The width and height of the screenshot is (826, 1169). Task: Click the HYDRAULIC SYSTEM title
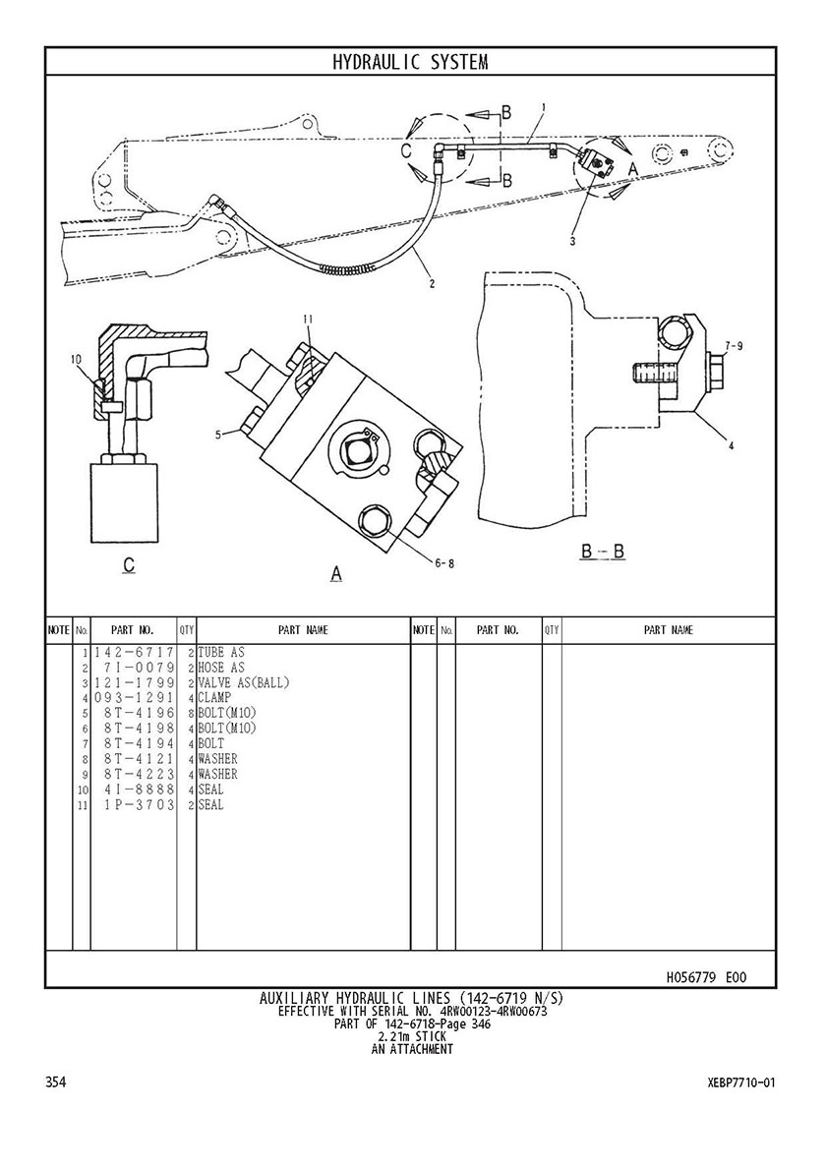click(x=410, y=62)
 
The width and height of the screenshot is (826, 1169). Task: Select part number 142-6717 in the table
click(x=134, y=653)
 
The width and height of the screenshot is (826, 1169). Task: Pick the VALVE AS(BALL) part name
click(x=244, y=683)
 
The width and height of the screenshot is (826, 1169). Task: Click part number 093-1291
click(x=134, y=698)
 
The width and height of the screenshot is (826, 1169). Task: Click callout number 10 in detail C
click(x=76, y=359)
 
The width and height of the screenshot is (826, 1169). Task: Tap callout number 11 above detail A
click(x=308, y=320)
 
